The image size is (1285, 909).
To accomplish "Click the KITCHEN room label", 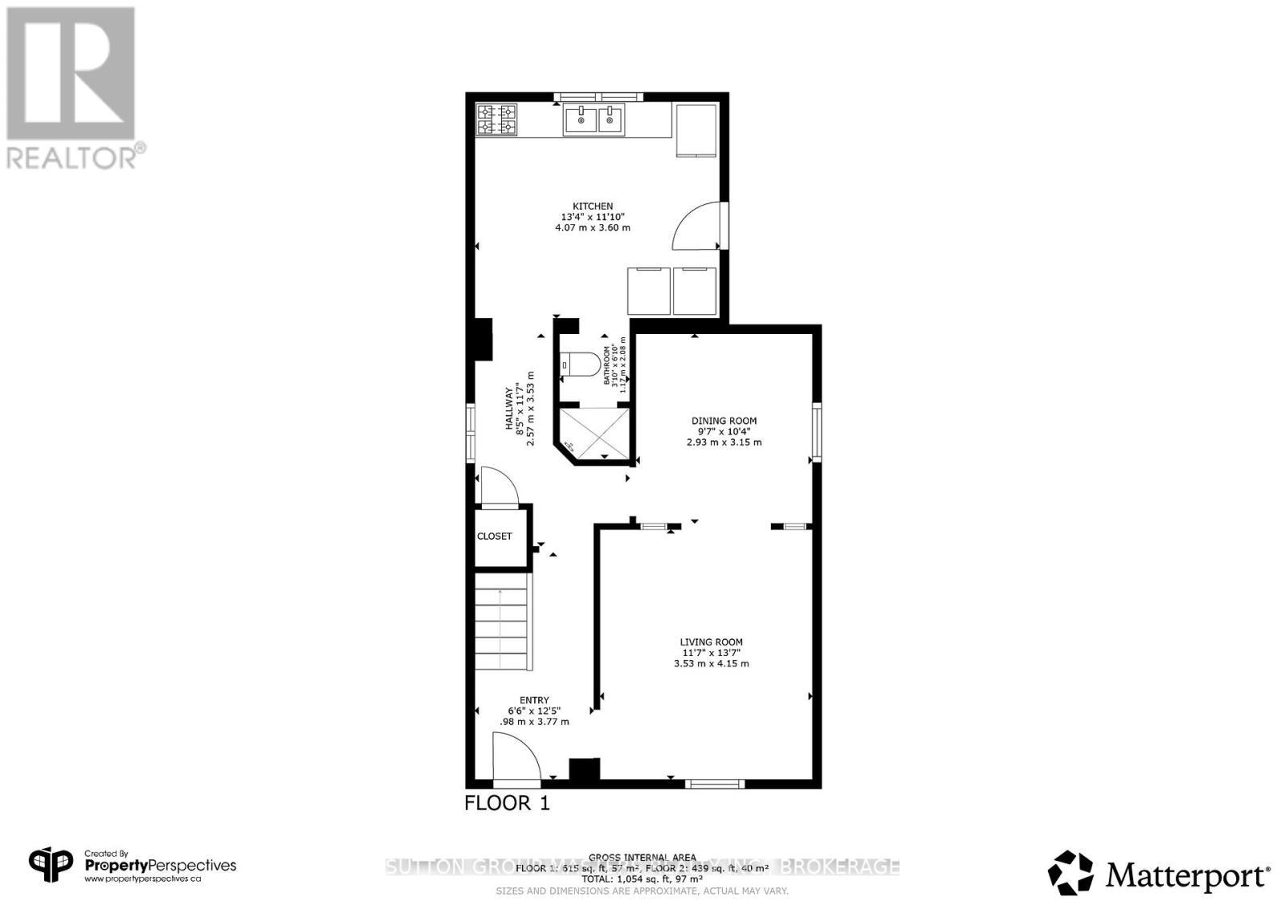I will (x=592, y=206).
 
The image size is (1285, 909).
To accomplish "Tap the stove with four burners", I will (x=496, y=120).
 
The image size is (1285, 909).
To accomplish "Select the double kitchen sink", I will (x=594, y=120).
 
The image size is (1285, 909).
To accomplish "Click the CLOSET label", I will (x=494, y=536).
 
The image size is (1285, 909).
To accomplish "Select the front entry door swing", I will (x=513, y=759).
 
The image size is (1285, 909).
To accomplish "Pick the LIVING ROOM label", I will (x=711, y=642).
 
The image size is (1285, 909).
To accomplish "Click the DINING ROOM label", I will (x=724, y=421).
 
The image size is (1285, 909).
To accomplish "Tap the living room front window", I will (x=714, y=783).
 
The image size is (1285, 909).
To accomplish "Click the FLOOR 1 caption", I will (x=507, y=803).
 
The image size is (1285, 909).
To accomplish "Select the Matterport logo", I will (x=1159, y=873).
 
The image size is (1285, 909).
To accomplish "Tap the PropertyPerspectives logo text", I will (x=161, y=866).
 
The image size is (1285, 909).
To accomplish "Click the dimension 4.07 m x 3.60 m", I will (x=592, y=228).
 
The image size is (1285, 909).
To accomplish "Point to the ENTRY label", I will (x=534, y=700).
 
